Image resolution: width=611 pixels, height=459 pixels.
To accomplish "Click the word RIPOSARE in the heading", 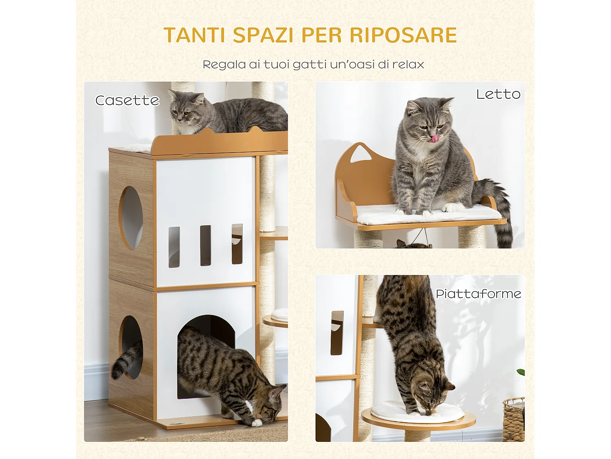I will pos(403,35).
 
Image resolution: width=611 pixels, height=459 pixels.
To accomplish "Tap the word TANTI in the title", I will pos(194,35).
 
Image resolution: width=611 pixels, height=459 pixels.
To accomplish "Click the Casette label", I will pos(127,100).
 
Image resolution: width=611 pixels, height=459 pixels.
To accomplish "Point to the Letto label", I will pos(498,94).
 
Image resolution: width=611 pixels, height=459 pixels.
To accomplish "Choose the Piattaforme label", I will pos(478,294).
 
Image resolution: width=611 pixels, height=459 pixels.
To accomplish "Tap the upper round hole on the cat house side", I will pos(131,217).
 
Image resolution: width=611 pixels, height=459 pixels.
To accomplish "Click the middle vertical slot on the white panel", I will pos(205,245).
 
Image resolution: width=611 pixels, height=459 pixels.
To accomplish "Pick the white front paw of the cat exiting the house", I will pos(256,423).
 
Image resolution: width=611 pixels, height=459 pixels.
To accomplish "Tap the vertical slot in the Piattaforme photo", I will pos(337,333).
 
